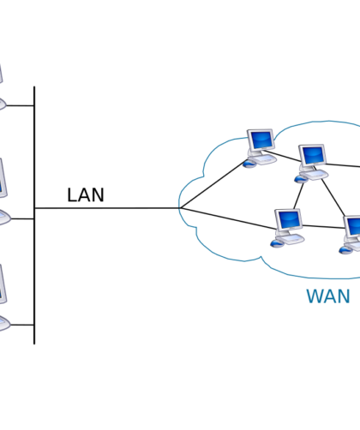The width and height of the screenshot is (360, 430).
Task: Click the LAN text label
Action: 86,195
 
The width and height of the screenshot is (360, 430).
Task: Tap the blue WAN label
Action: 328,296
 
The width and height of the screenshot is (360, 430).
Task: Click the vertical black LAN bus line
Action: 34,215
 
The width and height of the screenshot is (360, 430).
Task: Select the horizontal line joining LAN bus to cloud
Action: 107,208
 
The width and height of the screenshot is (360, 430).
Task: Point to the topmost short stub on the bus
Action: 20,105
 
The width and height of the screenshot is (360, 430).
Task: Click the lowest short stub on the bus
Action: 21,325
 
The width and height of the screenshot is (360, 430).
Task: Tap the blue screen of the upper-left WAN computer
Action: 261,140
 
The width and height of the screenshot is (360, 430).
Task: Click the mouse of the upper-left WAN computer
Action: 249,164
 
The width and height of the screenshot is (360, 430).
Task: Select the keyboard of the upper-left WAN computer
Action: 264,160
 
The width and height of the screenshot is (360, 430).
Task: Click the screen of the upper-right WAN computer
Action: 313,155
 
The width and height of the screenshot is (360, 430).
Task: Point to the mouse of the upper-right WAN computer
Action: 301,179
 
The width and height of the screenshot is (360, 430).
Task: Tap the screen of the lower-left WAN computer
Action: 289,219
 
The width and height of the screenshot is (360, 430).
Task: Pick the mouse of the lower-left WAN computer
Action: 277,243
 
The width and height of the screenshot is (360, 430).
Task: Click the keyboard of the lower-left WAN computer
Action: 291,239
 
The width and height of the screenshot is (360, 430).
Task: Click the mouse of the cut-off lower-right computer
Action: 345,250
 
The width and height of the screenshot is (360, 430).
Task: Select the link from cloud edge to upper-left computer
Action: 213,185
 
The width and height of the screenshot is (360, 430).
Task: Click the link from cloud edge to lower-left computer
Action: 228,218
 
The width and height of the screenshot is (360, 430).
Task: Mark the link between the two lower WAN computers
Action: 324,227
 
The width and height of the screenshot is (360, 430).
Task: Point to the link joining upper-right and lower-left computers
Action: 298,196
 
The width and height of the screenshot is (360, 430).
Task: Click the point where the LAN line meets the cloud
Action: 180,208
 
